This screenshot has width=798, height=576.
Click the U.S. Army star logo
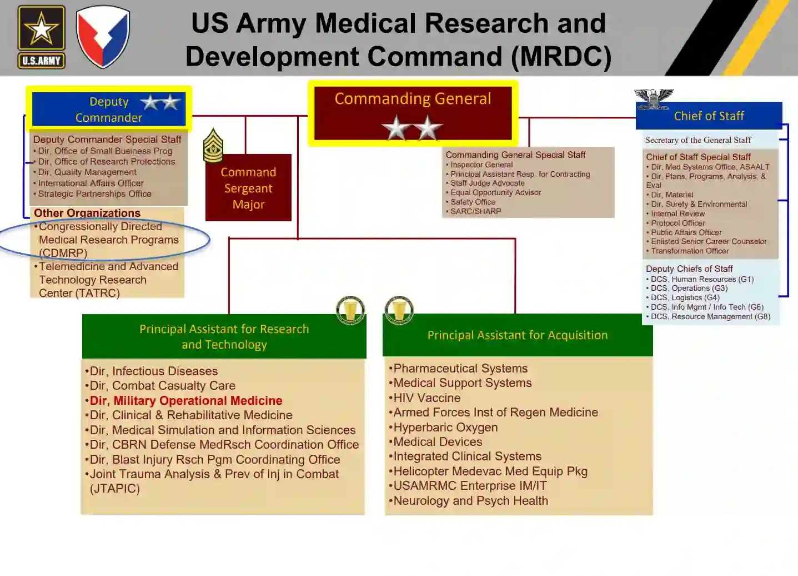[x=41, y=37]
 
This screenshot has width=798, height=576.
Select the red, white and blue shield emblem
[x=103, y=36]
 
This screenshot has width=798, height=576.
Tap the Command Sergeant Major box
[x=248, y=188]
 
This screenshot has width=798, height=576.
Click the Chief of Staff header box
[x=709, y=116]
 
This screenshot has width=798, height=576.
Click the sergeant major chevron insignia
[x=213, y=146]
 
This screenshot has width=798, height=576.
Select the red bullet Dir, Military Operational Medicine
[x=185, y=400]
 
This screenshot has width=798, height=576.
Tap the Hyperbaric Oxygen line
[x=445, y=427]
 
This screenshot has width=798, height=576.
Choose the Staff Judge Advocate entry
[x=487, y=183]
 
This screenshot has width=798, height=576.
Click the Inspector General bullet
[x=481, y=165]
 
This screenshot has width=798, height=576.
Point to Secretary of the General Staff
[x=698, y=140]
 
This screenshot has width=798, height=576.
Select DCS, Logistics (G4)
[x=685, y=297]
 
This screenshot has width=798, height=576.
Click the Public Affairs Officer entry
[x=686, y=232]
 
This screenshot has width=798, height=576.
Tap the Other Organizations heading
[x=87, y=213]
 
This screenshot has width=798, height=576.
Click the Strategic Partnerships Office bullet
[x=94, y=193]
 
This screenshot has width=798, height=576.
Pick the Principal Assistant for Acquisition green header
[x=517, y=335]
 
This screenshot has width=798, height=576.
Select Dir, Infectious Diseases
[x=153, y=371]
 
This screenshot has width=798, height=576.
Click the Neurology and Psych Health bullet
[x=470, y=500]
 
